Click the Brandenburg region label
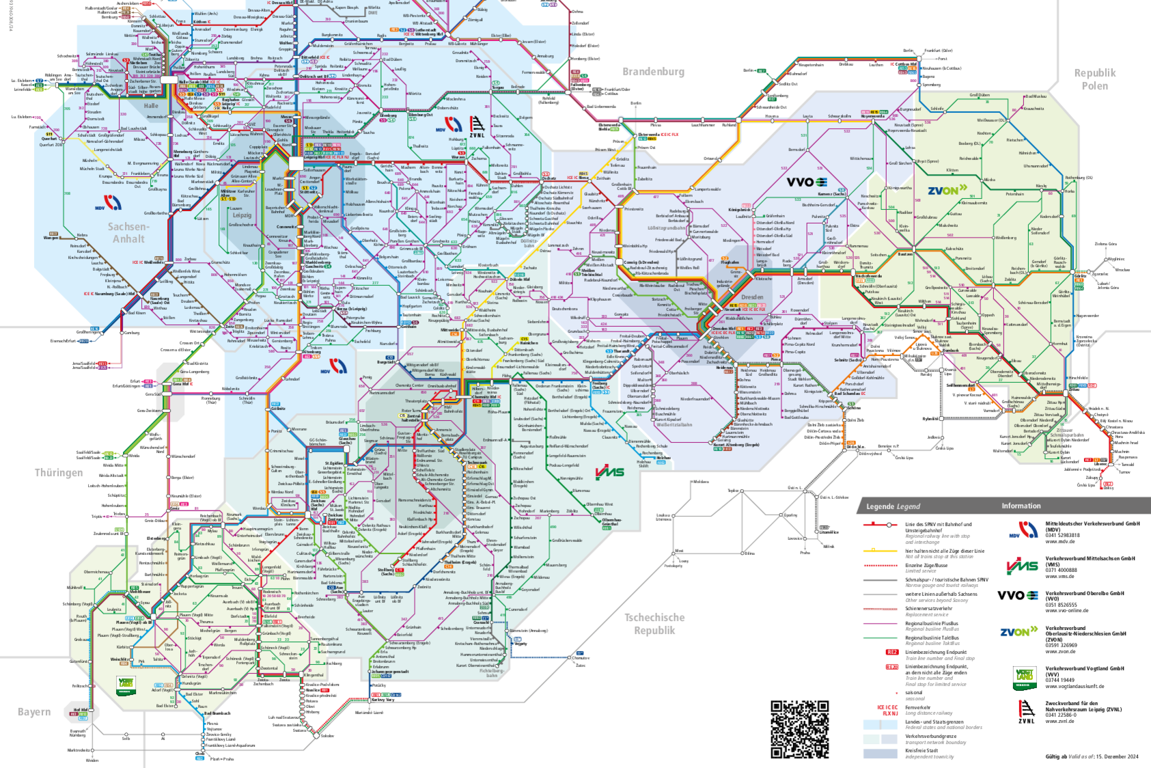click(652, 72)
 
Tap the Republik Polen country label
click(1095, 79)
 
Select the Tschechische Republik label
click(654, 623)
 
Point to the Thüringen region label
click(59, 473)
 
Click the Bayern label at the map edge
click(34, 712)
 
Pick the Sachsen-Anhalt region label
click(129, 232)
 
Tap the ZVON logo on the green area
click(947, 190)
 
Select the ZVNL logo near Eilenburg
click(477, 127)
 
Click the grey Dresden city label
click(751, 297)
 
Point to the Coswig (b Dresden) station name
click(640, 262)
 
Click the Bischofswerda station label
click(868, 276)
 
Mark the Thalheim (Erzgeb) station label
click(462, 562)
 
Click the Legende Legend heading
click(893, 506)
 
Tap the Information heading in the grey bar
click(1021, 506)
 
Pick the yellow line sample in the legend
click(880, 550)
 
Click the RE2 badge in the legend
click(891, 652)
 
